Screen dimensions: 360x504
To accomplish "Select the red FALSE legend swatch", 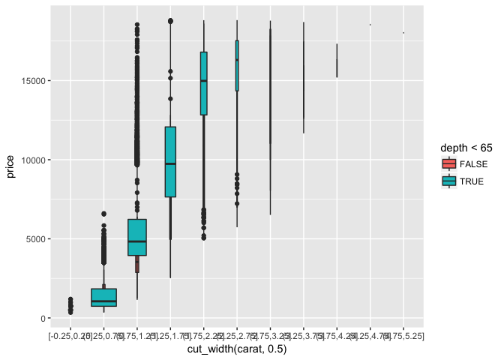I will pyautogui.click(x=448, y=164).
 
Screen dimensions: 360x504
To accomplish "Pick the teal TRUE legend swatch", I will pyautogui.click(x=448, y=181).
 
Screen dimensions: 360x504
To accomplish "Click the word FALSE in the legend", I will pyautogui.click(x=473, y=164).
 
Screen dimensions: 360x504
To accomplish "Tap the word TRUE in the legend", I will pyautogui.click(x=472, y=181).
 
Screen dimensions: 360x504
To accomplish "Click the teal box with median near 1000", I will pyautogui.click(x=103, y=298).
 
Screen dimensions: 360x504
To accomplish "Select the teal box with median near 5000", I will pyautogui.click(x=137, y=237).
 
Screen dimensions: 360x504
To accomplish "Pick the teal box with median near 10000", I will pyautogui.click(x=170, y=162).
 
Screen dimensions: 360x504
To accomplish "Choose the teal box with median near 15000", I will pyautogui.click(x=203, y=83).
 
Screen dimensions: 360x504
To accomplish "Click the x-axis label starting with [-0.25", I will pyautogui.click(x=68, y=335).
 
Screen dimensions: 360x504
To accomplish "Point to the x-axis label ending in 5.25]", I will pyautogui.click(x=405, y=335).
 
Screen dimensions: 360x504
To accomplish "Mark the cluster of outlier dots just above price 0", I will pyautogui.click(x=70, y=305).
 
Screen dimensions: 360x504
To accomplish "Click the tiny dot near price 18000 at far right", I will pyautogui.click(x=403, y=33).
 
